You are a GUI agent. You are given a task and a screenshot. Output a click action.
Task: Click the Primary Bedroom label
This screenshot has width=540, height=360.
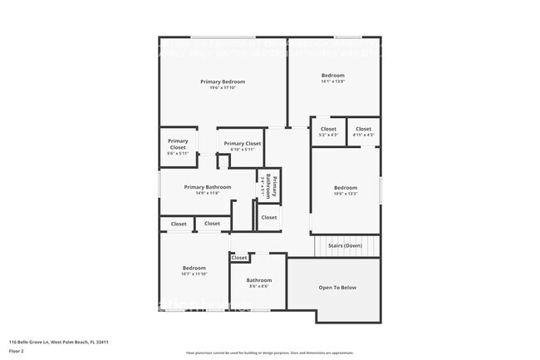(223, 81)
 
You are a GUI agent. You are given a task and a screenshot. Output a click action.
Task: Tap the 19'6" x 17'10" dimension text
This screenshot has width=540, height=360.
(223, 88)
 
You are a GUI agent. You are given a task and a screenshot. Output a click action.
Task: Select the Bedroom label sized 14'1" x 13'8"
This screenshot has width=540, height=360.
(332, 76)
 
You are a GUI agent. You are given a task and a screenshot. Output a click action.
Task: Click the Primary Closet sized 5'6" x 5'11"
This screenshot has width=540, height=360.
(178, 141)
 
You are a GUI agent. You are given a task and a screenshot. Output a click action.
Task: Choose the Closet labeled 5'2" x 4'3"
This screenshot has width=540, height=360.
(328, 129)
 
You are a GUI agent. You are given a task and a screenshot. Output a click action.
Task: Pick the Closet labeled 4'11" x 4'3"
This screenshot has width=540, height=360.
(363, 129)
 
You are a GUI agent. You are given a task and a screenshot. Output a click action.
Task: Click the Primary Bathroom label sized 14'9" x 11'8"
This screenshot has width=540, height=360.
(207, 187)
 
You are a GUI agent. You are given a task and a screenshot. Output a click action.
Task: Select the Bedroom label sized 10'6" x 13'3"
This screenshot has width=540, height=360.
(345, 188)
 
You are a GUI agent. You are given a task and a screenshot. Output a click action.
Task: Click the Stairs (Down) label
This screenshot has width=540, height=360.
(345, 246)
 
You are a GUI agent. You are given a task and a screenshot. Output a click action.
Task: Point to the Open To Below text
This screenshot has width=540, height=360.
(337, 288)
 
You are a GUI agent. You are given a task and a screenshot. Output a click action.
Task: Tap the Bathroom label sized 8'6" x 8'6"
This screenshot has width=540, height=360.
(258, 281)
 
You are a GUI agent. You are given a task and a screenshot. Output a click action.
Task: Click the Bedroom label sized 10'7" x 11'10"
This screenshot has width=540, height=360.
(194, 268)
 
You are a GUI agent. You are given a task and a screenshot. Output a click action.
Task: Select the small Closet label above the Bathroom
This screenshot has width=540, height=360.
(239, 258)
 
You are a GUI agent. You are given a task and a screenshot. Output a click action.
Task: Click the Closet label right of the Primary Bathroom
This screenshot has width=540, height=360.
(268, 217)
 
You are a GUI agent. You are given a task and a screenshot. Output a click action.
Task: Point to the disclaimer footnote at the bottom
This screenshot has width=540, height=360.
(270, 354)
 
